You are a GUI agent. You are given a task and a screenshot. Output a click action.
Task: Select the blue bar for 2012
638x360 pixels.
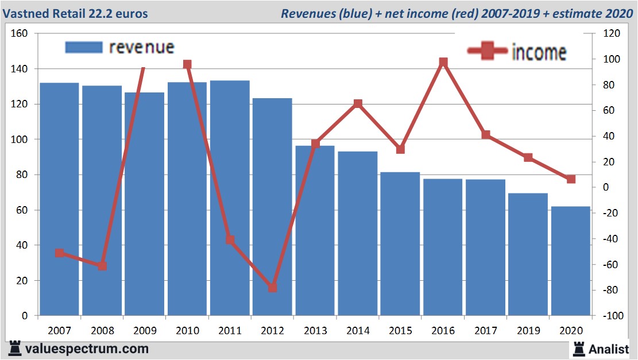[272, 207]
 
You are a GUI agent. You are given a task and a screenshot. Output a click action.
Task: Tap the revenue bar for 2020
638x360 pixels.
[571, 261]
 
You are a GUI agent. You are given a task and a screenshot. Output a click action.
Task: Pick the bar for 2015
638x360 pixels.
[400, 243]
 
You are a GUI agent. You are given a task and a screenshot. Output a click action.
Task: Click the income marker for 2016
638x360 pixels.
[443, 62]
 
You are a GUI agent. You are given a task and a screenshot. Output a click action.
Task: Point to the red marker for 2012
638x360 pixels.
[272, 288]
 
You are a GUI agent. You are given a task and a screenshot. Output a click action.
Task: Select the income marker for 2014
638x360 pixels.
[358, 104]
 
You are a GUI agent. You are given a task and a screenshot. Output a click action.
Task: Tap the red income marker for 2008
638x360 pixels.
[102, 266]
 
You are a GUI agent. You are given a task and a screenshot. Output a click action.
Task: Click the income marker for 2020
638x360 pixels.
[571, 179]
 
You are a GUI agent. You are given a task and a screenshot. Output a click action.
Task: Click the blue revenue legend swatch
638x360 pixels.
[84, 47]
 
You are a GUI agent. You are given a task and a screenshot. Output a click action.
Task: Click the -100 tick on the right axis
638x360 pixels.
[609, 316]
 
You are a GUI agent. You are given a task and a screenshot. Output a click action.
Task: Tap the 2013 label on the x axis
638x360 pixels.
[315, 331]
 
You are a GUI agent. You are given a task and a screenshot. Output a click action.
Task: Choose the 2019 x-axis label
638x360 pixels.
[528, 331]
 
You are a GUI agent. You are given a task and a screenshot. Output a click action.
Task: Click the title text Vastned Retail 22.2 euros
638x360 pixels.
[76, 13]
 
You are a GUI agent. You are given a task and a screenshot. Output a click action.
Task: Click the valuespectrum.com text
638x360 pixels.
[87, 349]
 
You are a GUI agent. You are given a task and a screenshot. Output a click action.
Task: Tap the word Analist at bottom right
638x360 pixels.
[609, 349]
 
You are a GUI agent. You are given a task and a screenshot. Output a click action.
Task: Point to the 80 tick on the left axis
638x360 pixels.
[22, 175]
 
